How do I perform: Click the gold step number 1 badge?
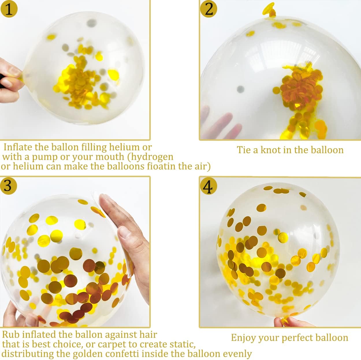tap(9, 9)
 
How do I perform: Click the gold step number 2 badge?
tap(209, 9)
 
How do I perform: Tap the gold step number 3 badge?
tap(8, 186)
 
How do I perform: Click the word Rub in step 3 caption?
tap(11, 335)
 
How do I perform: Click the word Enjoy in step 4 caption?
tap(244, 338)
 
